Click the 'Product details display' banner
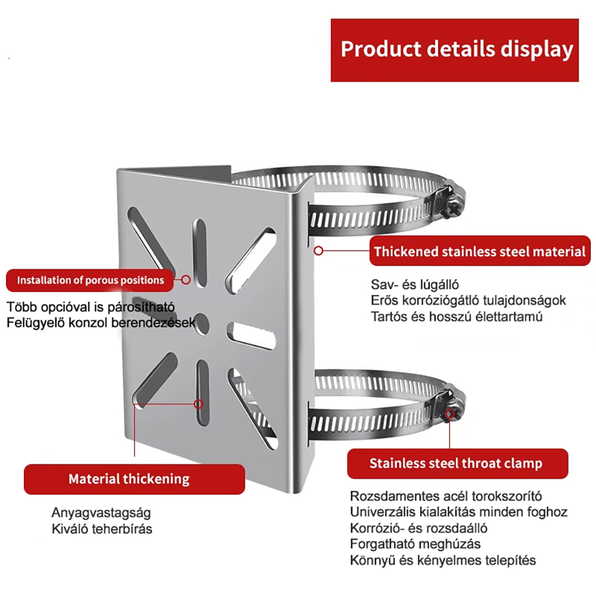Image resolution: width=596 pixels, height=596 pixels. click(455, 49)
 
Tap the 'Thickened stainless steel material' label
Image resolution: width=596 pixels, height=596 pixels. click(480, 252)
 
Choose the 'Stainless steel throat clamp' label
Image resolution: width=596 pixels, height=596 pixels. click(456, 463)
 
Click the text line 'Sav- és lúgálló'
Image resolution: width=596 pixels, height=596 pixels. click(415, 284)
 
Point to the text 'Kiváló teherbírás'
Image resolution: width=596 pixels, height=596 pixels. click(101, 529)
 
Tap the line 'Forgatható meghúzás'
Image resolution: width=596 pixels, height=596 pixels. click(415, 544)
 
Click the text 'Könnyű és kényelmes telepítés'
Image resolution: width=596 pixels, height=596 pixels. click(443, 560)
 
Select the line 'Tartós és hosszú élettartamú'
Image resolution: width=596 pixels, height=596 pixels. click(457, 316)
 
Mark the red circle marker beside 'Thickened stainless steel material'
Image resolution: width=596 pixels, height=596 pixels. click(319, 251)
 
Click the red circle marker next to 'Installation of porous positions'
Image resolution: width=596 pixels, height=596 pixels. click(186, 279)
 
